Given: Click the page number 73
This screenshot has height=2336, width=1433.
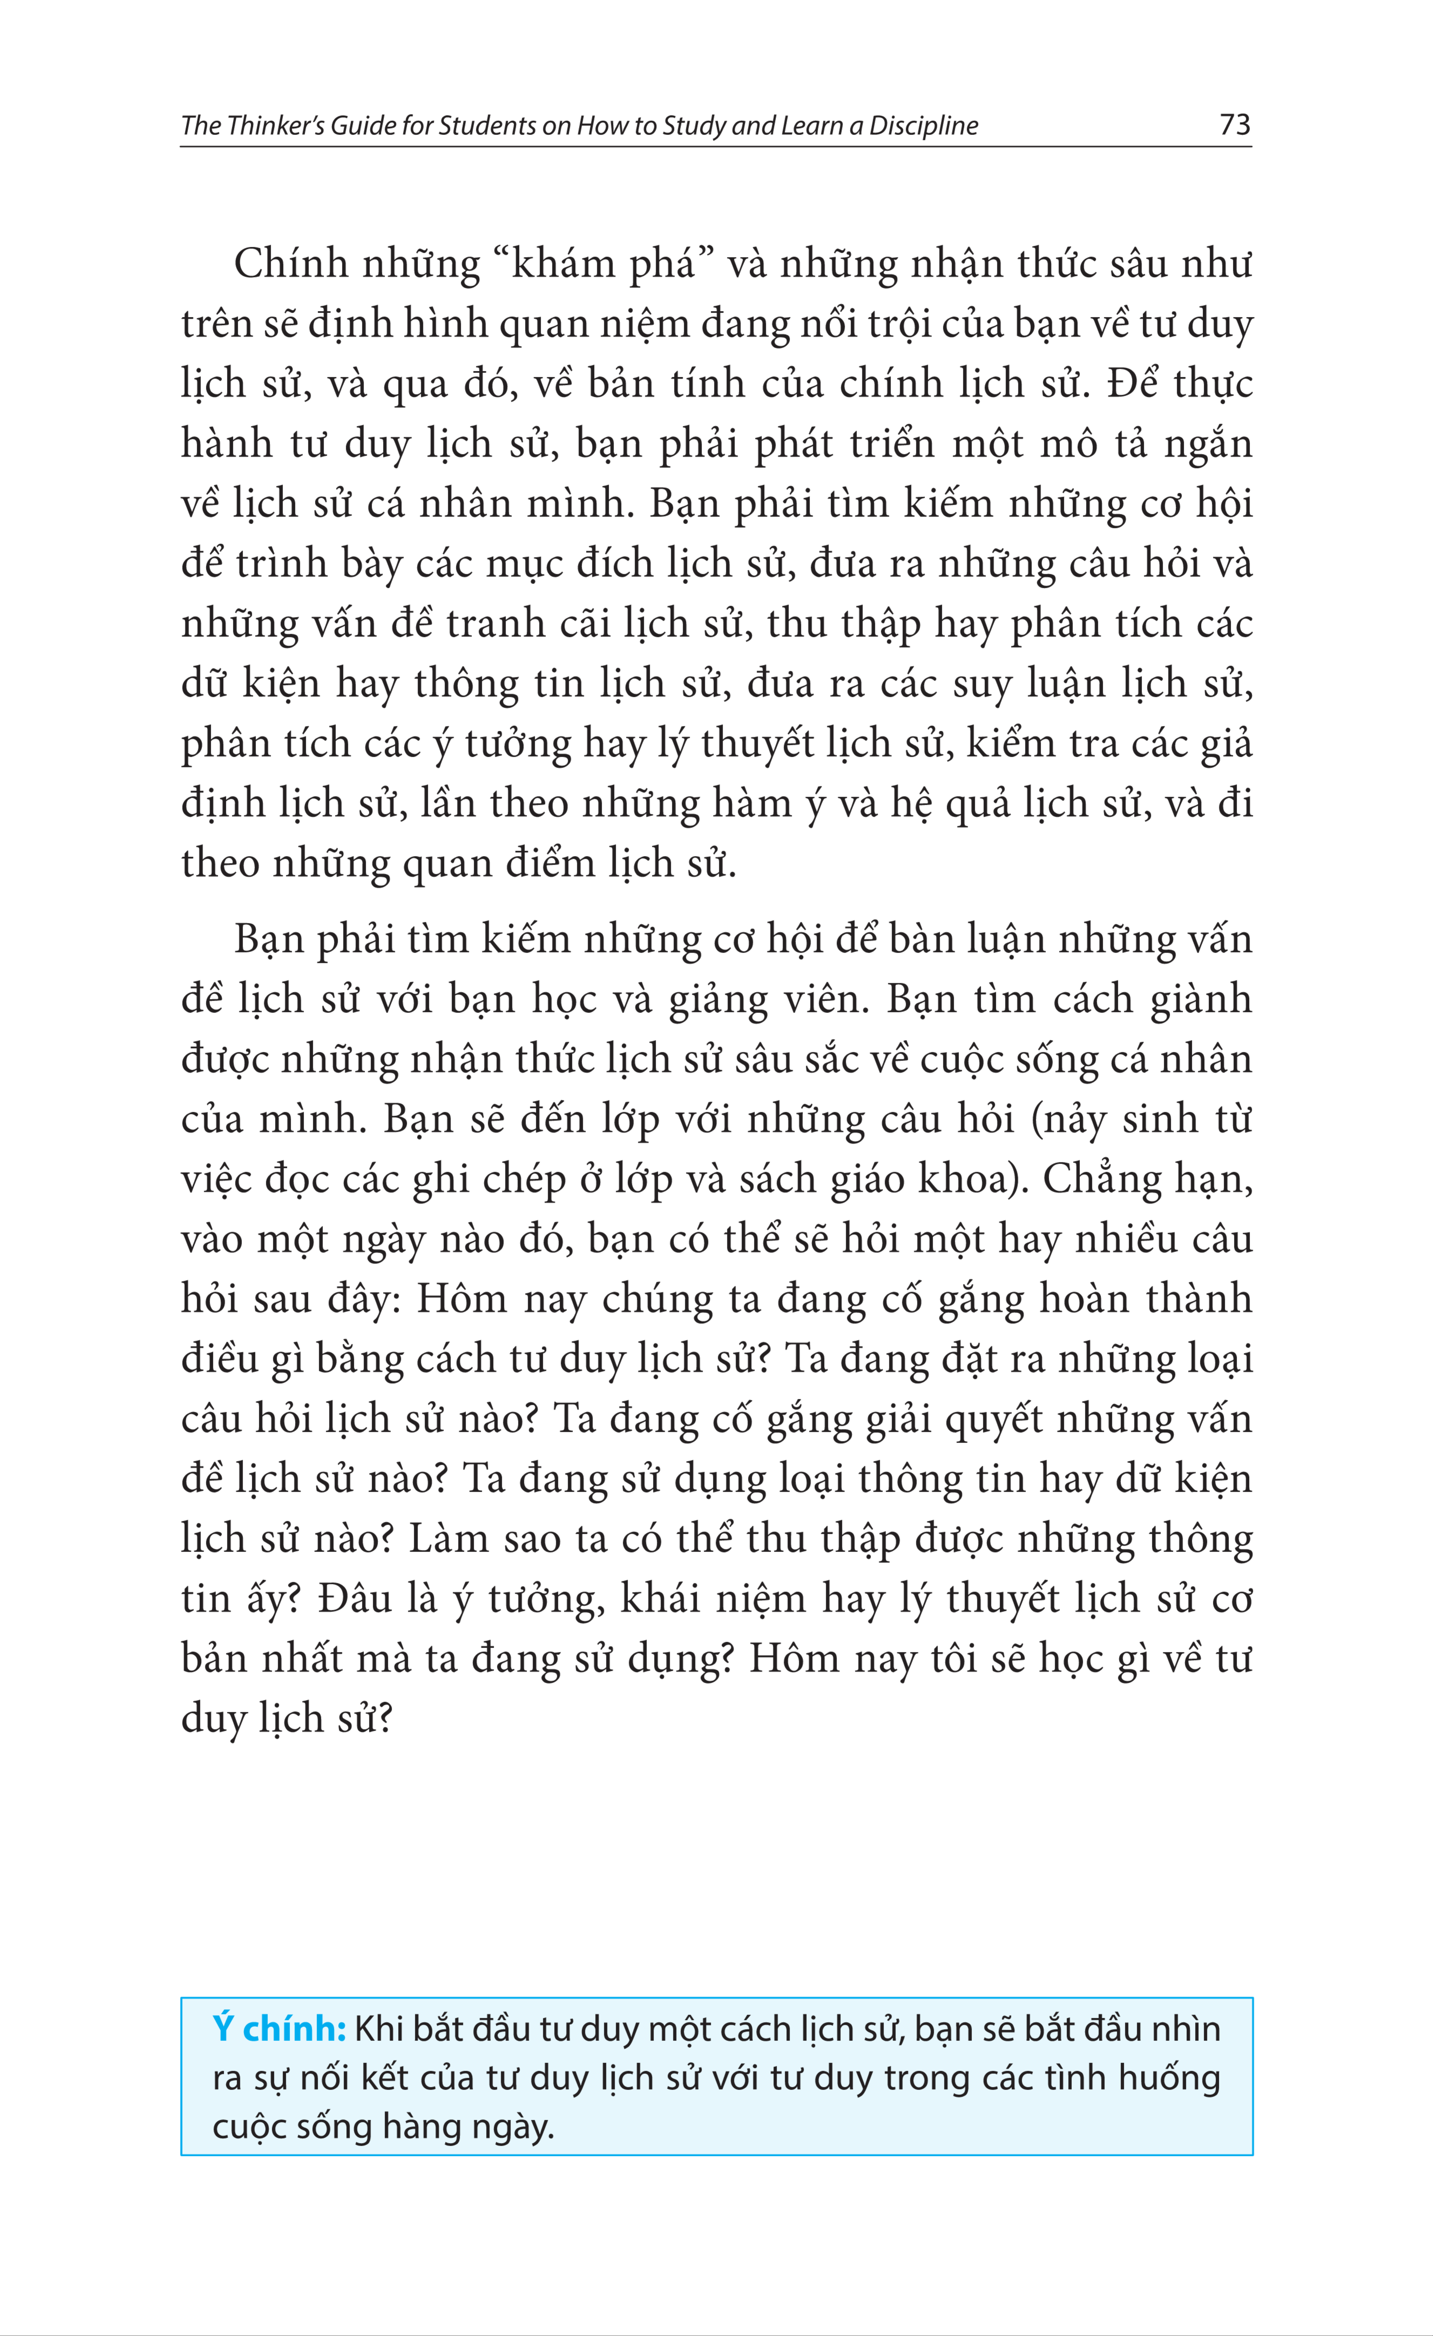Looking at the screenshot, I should click(1235, 124).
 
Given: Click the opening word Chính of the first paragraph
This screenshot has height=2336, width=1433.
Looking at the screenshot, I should click(291, 264).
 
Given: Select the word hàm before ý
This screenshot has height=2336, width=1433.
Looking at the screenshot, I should click(757, 804).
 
